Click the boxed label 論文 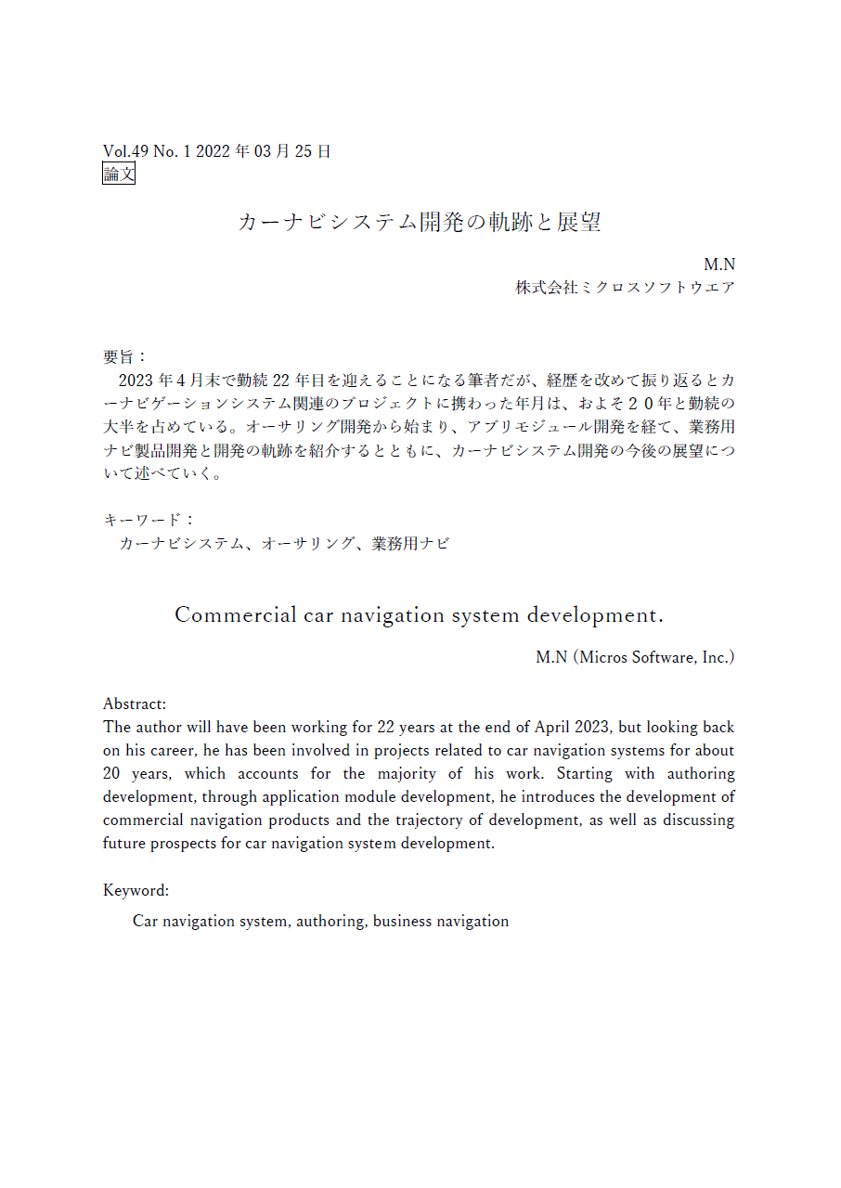(x=119, y=174)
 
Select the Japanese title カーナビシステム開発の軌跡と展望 (x=420, y=222)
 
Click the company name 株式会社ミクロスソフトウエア (x=625, y=288)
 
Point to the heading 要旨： (x=124, y=356)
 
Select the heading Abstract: (x=135, y=704)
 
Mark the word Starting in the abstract (x=584, y=773)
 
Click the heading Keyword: (x=136, y=890)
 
